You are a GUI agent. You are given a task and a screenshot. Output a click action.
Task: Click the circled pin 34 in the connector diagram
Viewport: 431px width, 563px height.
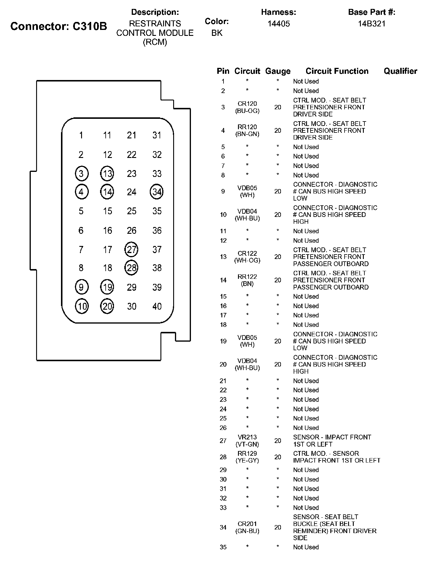tap(157, 192)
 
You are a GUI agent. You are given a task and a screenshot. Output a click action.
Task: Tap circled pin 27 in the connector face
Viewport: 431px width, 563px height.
tap(131, 249)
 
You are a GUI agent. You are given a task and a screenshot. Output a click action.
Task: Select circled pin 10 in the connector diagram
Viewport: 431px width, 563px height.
tap(82, 306)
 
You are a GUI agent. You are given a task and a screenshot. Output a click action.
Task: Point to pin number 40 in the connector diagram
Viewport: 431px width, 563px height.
tap(157, 306)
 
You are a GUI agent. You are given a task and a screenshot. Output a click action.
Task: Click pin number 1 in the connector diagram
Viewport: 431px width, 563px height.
tap(81, 135)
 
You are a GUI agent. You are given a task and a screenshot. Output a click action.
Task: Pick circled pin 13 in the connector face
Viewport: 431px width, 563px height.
tap(107, 173)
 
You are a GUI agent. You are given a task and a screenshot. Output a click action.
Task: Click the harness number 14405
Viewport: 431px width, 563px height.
tap(279, 24)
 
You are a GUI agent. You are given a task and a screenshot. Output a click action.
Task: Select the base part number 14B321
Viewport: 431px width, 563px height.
tap(372, 24)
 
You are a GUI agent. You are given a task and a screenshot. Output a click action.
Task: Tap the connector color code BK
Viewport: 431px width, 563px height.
tap(217, 33)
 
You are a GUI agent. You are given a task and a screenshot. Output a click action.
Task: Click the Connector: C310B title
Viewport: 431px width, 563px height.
tap(59, 26)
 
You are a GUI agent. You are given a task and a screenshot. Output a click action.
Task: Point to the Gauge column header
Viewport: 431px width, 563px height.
tap(278, 71)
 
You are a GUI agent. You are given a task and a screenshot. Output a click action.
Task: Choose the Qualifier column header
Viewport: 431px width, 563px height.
tap(400, 71)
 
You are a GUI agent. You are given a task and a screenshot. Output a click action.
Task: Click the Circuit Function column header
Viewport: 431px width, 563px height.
tap(337, 71)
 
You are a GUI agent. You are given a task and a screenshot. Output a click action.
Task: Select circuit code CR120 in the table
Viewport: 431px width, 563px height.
tap(247, 104)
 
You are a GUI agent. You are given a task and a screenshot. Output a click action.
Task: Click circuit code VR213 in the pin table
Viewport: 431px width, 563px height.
tap(247, 437)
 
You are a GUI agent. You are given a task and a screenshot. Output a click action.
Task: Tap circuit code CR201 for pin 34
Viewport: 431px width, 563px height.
tap(247, 524)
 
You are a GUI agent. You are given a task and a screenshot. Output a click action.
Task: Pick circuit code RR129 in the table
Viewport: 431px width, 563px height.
tap(247, 453)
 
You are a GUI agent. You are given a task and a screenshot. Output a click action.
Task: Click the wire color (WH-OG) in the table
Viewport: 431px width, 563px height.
tap(247, 260)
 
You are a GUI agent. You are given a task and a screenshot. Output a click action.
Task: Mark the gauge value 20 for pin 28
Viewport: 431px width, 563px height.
tap(278, 457)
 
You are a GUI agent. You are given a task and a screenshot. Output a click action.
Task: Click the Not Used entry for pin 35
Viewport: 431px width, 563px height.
tap(306, 547)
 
